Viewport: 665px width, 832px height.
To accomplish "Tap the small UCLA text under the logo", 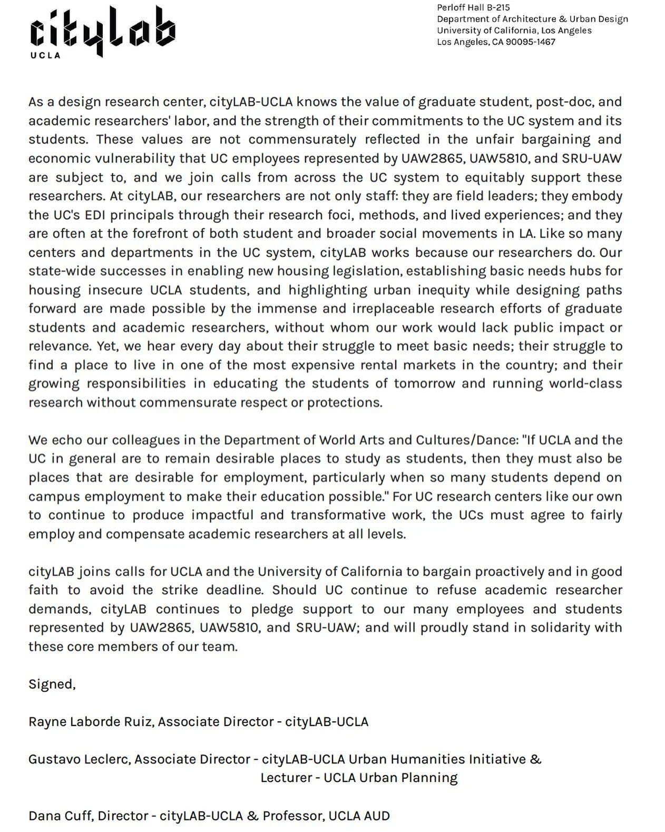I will point(45,55).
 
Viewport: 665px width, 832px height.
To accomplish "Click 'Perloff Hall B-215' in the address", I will point(473,7).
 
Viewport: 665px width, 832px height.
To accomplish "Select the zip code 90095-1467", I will point(530,42).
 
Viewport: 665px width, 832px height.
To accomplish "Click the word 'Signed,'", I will point(52,684).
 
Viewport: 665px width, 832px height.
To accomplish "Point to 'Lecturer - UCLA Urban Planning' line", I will point(359,778).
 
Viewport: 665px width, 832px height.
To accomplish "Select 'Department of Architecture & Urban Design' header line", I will point(532,19).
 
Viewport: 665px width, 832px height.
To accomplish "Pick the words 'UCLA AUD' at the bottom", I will point(359,816).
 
